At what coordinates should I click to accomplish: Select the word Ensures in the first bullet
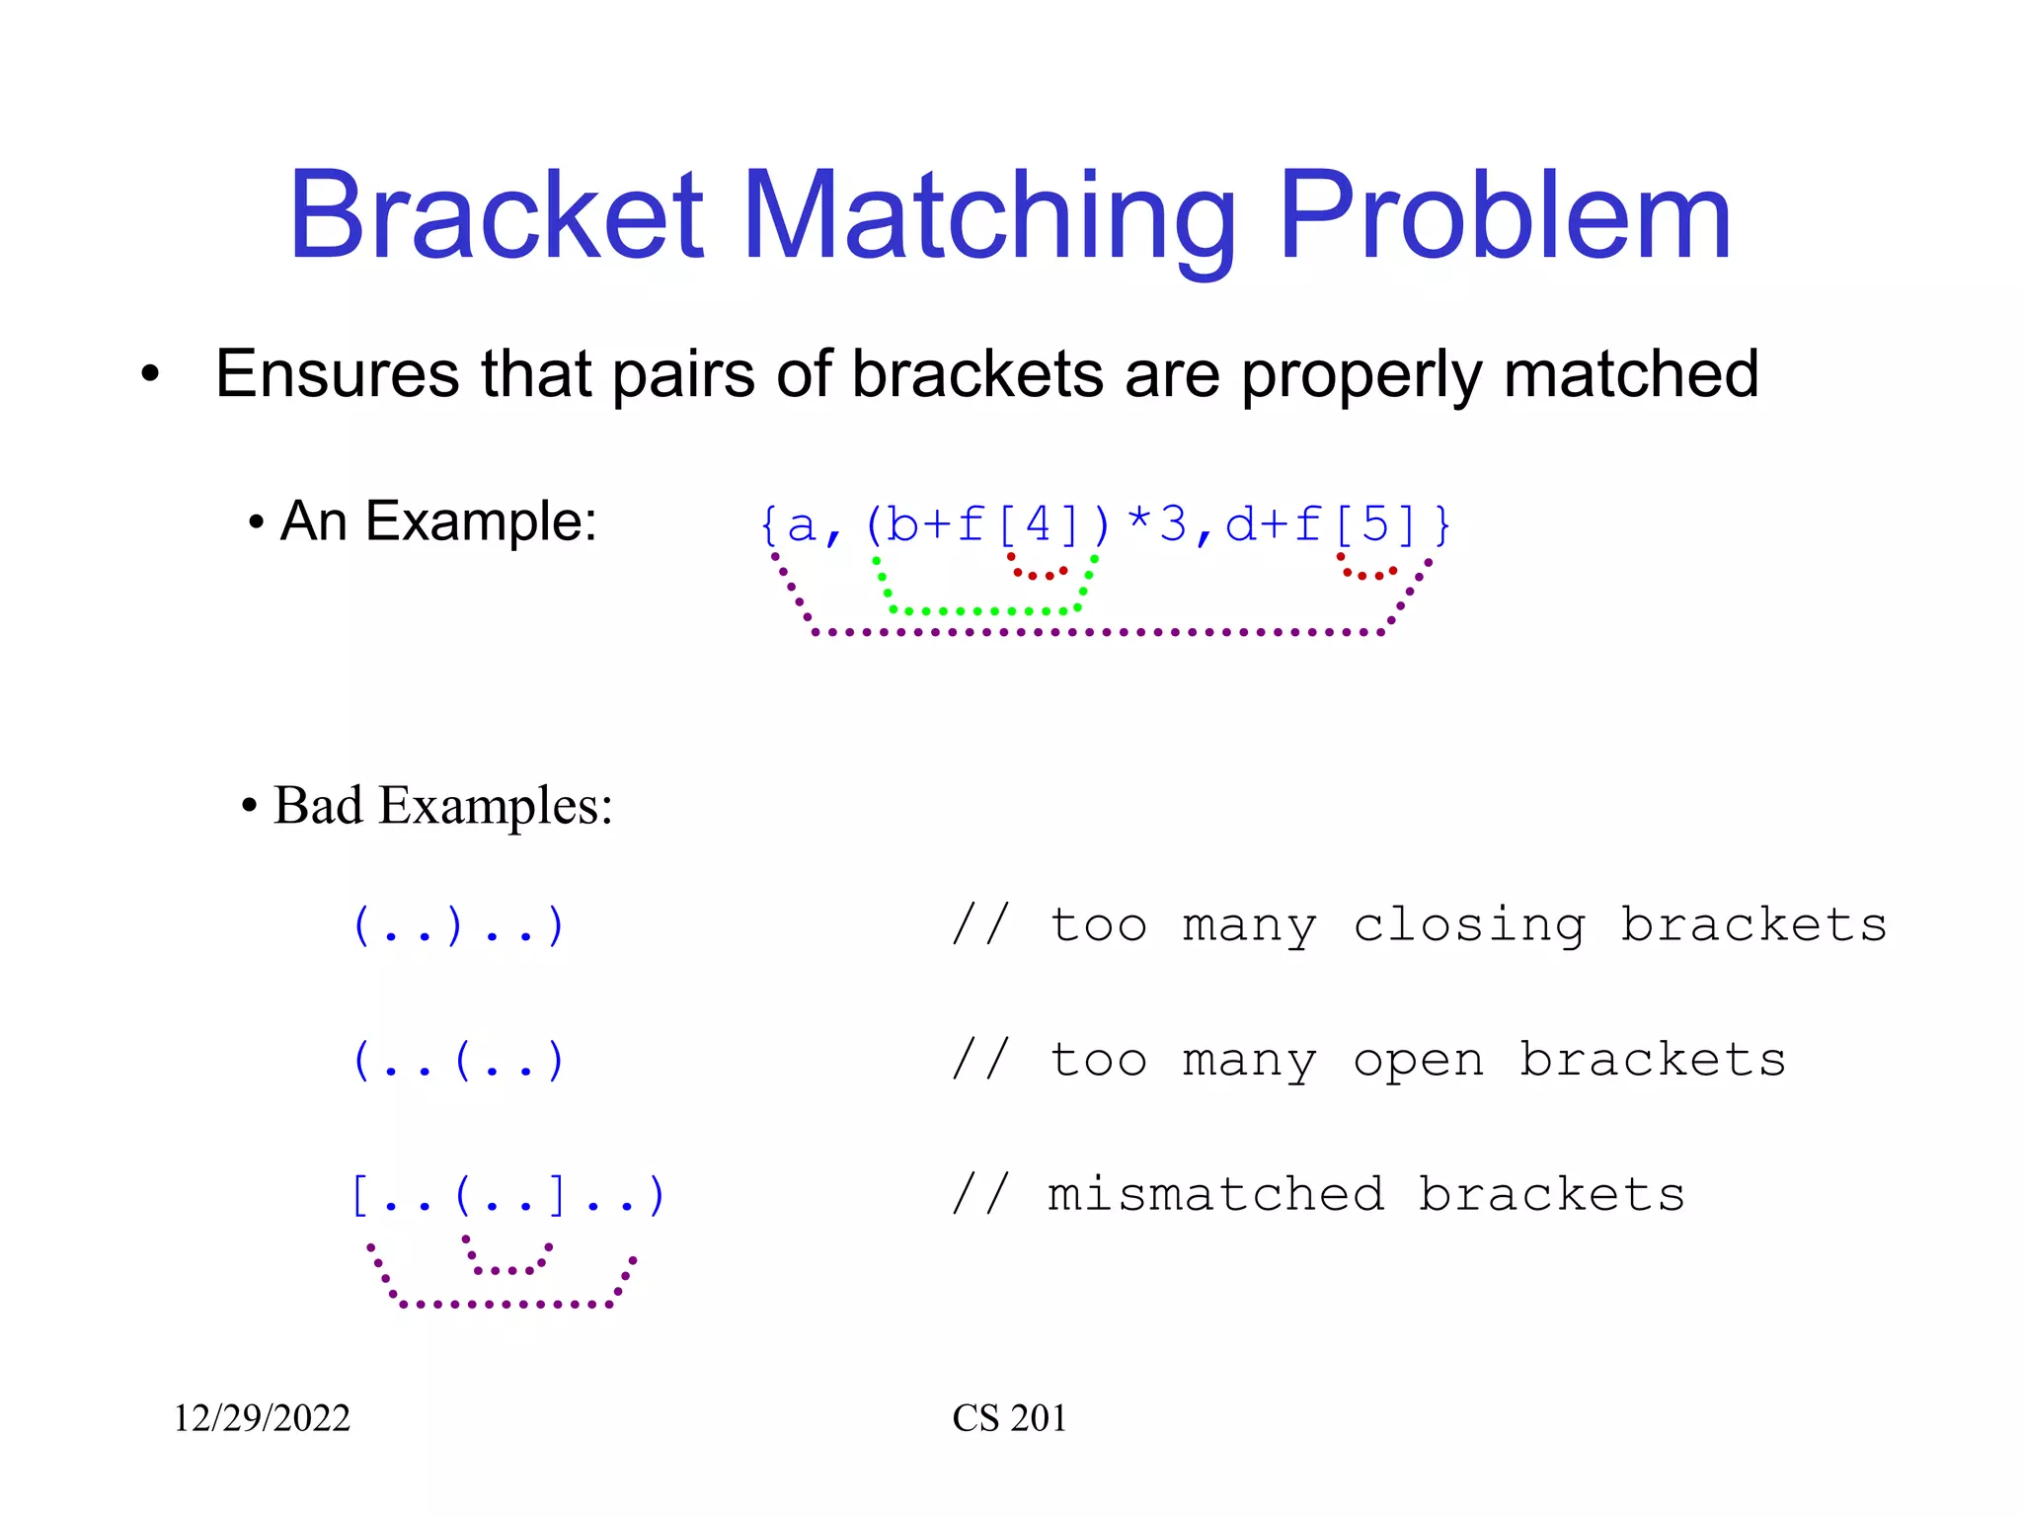point(337,374)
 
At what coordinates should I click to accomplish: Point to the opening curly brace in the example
point(769,524)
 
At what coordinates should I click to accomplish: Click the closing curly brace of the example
point(1442,524)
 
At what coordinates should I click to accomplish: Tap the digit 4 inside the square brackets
point(1038,524)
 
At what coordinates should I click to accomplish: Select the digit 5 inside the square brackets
point(1375,524)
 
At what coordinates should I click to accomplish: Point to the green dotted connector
point(984,610)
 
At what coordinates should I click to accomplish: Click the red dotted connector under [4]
point(1036,574)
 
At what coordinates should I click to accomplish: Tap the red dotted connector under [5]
point(1367,574)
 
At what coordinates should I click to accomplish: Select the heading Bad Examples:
point(442,805)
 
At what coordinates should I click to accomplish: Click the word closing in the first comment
point(1469,925)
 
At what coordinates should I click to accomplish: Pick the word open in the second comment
point(1418,1061)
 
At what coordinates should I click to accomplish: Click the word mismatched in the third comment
point(1215,1195)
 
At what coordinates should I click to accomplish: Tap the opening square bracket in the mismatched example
point(360,1196)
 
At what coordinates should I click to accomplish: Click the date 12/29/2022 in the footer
point(262,1418)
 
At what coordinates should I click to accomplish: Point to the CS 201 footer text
point(1009,1418)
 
